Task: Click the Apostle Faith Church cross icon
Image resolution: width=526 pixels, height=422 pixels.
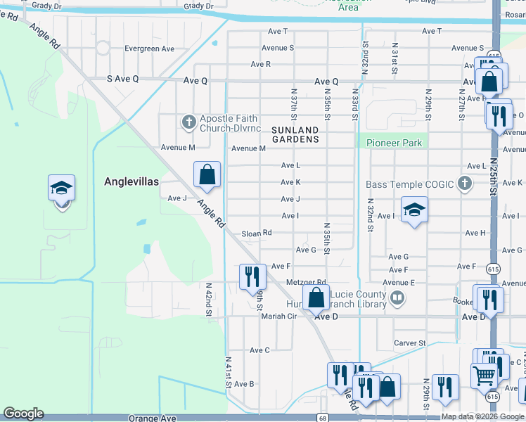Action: click(188, 123)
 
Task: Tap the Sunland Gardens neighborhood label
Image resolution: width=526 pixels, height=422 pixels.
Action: click(291, 135)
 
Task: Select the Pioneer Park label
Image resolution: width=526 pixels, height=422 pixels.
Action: click(394, 143)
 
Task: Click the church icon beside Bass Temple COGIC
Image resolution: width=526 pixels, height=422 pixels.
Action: click(463, 185)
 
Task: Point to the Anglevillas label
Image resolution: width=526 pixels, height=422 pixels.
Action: click(131, 181)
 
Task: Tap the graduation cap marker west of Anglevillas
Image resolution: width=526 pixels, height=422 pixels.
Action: click(61, 189)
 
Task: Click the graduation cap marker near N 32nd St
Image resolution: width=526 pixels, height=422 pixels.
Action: click(414, 210)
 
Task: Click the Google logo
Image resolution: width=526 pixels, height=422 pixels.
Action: click(24, 414)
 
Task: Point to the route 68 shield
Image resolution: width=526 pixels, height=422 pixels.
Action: click(321, 417)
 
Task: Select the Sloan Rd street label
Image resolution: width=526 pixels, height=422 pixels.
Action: click(256, 233)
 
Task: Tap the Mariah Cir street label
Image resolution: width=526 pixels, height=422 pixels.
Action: click(279, 316)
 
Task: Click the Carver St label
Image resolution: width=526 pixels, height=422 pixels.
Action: click(411, 343)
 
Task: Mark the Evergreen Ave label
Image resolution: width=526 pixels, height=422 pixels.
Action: click(149, 49)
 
